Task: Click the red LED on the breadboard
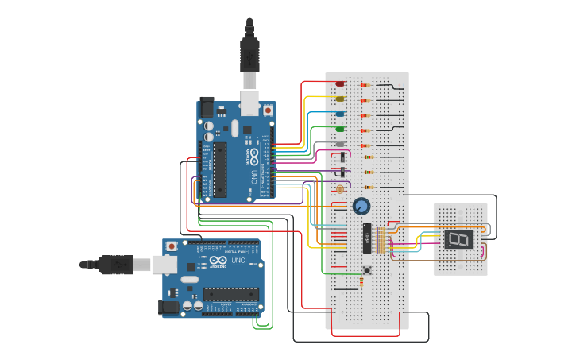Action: click(340, 83)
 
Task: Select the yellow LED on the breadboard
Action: click(340, 99)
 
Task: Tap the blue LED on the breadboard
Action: click(340, 114)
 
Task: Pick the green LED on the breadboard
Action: click(340, 129)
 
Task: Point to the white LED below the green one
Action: click(340, 144)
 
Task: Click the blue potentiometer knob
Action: click(361, 207)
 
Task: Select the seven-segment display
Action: click(458, 239)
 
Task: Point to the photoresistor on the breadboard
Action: click(340, 189)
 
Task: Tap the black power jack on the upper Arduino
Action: click(206, 106)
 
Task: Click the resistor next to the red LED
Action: click(366, 85)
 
